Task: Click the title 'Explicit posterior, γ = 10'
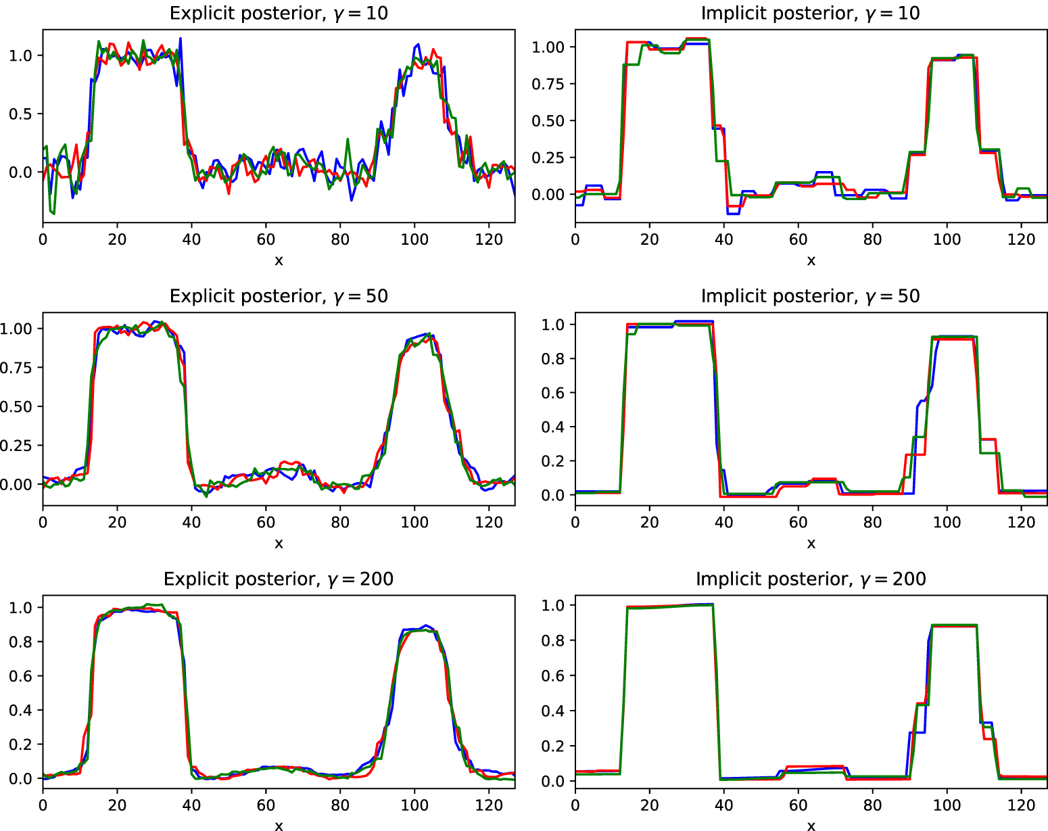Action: point(279,14)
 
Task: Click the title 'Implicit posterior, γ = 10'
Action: point(810,14)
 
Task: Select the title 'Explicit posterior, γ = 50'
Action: point(279,296)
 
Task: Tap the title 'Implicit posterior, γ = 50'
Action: point(810,296)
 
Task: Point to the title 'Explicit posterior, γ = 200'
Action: point(279,579)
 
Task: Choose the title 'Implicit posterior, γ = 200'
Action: point(810,579)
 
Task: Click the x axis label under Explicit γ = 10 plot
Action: point(279,261)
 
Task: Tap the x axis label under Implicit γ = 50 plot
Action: point(811,544)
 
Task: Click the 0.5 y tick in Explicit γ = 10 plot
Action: point(20,114)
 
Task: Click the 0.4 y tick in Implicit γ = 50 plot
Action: point(553,427)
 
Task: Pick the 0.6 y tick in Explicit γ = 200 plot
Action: point(20,676)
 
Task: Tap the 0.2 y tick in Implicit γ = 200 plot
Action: point(553,746)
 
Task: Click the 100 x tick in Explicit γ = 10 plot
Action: point(414,239)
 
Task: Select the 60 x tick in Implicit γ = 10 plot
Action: point(798,239)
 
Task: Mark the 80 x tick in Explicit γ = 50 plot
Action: point(340,522)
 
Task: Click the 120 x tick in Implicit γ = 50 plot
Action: point(1021,522)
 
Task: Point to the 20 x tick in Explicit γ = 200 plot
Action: point(117,805)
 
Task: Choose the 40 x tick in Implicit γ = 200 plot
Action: point(723,805)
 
